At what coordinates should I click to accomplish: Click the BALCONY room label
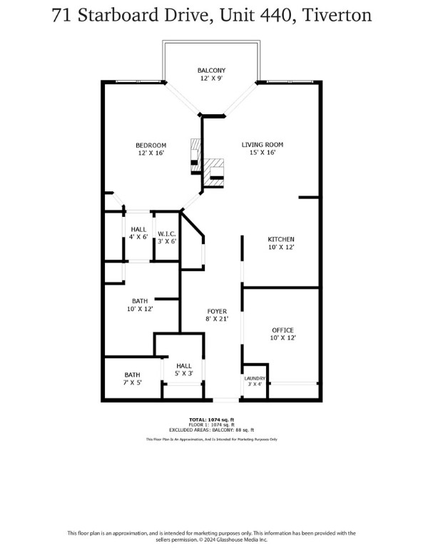click(211, 70)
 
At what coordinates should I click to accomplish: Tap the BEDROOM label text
click(151, 145)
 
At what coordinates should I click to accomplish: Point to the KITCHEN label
click(281, 239)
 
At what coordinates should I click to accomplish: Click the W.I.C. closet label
click(167, 233)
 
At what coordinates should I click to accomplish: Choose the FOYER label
click(217, 311)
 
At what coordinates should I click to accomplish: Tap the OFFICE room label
click(282, 330)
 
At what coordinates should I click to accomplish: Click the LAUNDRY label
click(255, 378)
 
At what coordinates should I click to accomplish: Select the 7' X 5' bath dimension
click(133, 383)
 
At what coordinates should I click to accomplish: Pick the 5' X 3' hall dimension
click(184, 373)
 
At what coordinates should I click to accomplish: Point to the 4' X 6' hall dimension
click(138, 237)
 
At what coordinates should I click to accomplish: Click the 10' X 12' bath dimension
click(140, 309)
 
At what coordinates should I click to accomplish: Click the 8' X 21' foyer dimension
click(217, 320)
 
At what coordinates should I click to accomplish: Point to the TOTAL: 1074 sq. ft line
click(211, 419)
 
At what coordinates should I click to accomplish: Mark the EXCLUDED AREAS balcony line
click(211, 430)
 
